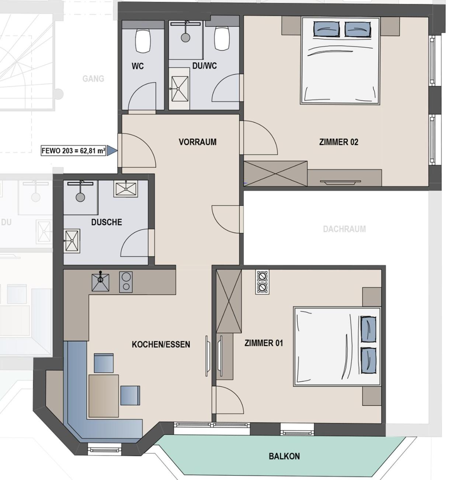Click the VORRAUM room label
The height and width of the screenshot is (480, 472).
[198, 142]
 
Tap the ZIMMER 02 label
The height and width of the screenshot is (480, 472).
[339, 142]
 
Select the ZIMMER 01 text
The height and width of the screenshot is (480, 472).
[264, 343]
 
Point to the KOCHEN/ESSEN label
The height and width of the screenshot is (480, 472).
[161, 344]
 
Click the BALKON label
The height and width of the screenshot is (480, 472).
[284, 456]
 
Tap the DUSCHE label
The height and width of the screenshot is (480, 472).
[107, 222]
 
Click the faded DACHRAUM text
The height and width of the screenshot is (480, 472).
[344, 229]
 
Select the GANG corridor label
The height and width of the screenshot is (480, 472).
[93, 79]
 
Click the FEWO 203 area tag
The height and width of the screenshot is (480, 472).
[74, 151]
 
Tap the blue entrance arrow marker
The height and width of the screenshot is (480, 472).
[112, 151]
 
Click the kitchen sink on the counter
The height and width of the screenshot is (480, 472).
[100, 282]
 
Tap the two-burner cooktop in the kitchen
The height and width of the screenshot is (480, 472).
[126, 282]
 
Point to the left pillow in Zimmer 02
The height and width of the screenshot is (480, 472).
[326, 29]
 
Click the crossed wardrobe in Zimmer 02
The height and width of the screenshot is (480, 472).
[275, 174]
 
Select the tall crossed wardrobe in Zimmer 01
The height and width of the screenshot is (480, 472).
[229, 301]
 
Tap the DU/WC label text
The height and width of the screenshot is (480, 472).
[205, 66]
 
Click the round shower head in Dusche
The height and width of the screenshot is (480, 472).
[80, 197]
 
